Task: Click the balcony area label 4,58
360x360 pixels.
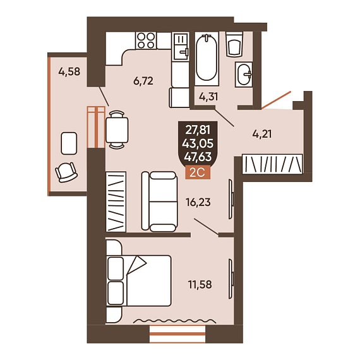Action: tap(69, 71)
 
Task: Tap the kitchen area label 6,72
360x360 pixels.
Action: tap(143, 81)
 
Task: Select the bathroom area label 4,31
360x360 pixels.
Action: tap(208, 97)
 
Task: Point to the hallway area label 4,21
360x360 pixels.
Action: tap(262, 134)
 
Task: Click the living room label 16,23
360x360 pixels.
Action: tap(198, 203)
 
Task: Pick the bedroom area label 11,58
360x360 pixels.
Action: tap(200, 285)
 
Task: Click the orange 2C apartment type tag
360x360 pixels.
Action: tap(198, 172)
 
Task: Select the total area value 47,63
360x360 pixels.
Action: tap(198, 157)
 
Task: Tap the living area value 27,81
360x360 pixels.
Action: tap(198, 130)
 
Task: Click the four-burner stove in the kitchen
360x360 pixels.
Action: tap(146, 40)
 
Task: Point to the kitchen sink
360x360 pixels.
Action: tap(181, 46)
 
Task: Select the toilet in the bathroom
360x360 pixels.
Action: tap(234, 44)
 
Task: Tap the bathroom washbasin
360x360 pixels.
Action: tap(244, 75)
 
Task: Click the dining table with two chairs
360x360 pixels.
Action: tap(117, 129)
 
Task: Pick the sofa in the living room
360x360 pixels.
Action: tap(160, 201)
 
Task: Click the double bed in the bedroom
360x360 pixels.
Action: tap(139, 280)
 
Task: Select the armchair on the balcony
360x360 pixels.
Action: tap(66, 172)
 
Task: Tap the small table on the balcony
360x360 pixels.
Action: tap(69, 143)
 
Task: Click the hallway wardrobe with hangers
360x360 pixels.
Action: tap(272, 164)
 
